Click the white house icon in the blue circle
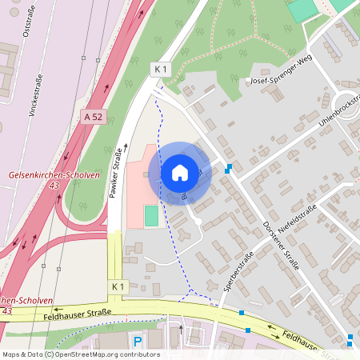coord(180,172)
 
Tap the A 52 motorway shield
coord(94,116)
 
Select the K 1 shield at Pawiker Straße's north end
coord(161,70)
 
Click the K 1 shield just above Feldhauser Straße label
coord(118,286)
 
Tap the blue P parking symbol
coord(137,342)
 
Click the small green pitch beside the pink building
coord(151,215)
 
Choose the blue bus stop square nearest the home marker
coord(230,168)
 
